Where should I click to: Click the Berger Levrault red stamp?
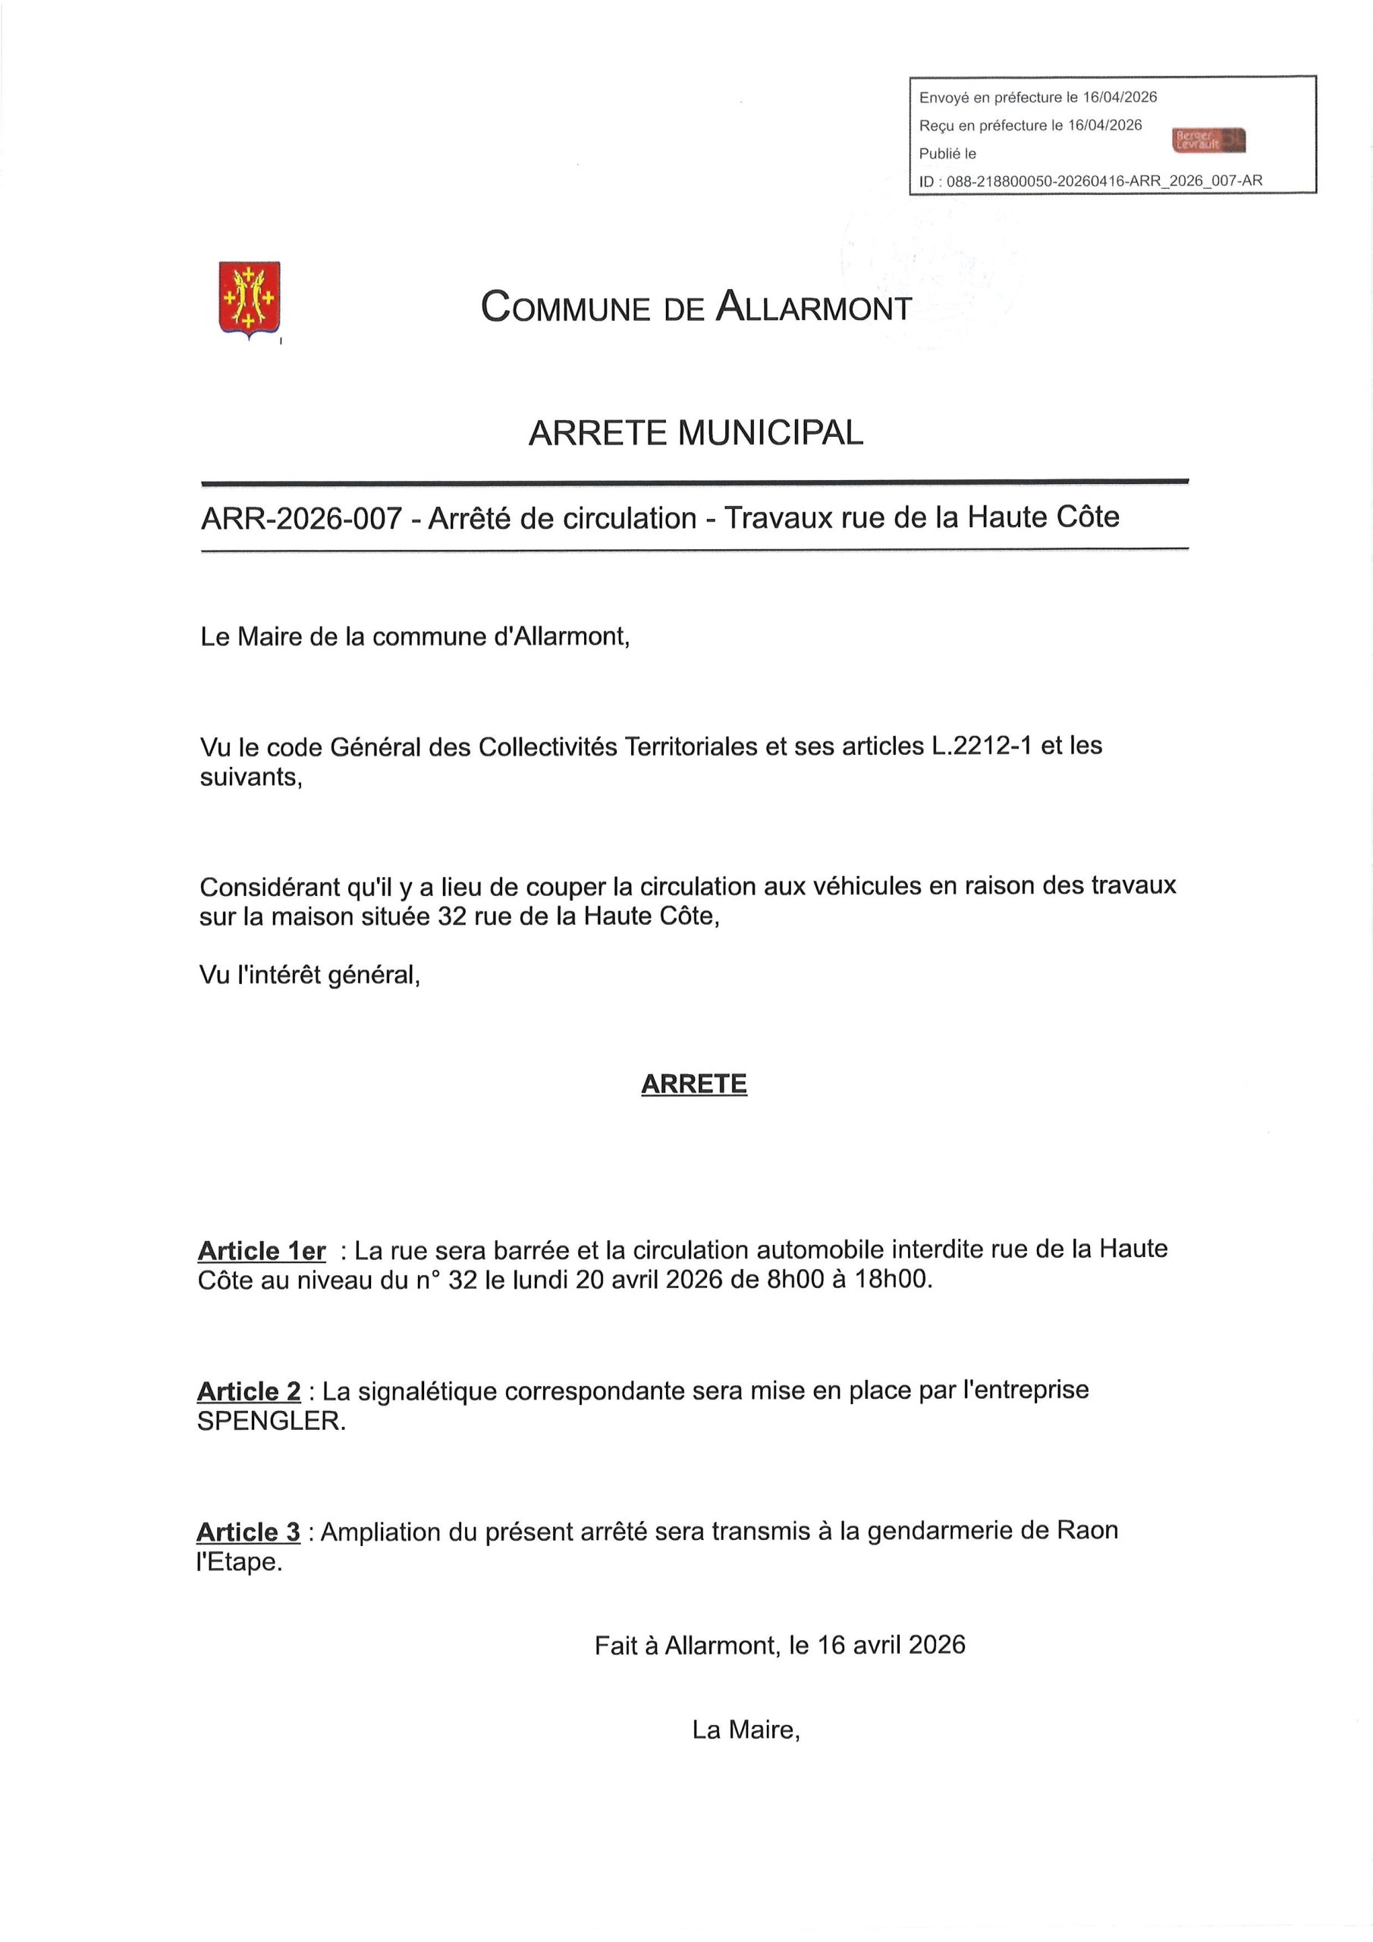(x=1209, y=140)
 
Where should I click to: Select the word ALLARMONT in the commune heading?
(x=814, y=307)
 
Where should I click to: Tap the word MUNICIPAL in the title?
(x=770, y=433)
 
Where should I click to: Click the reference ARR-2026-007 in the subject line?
(x=300, y=517)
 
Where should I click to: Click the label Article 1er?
(x=262, y=1250)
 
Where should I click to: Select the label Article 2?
(x=249, y=1391)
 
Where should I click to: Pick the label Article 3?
(x=248, y=1532)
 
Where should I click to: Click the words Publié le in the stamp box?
(x=947, y=154)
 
